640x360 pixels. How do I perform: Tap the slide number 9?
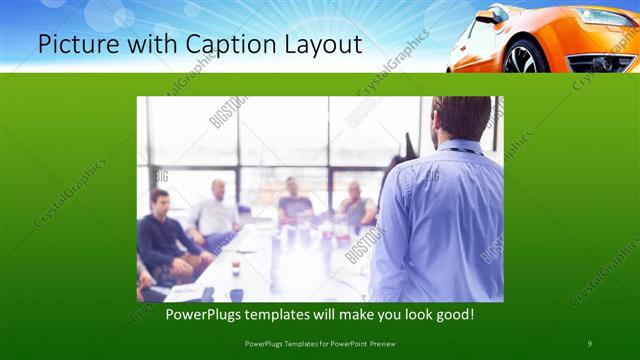pos(590,344)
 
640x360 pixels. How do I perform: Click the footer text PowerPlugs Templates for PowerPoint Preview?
pos(320,344)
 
